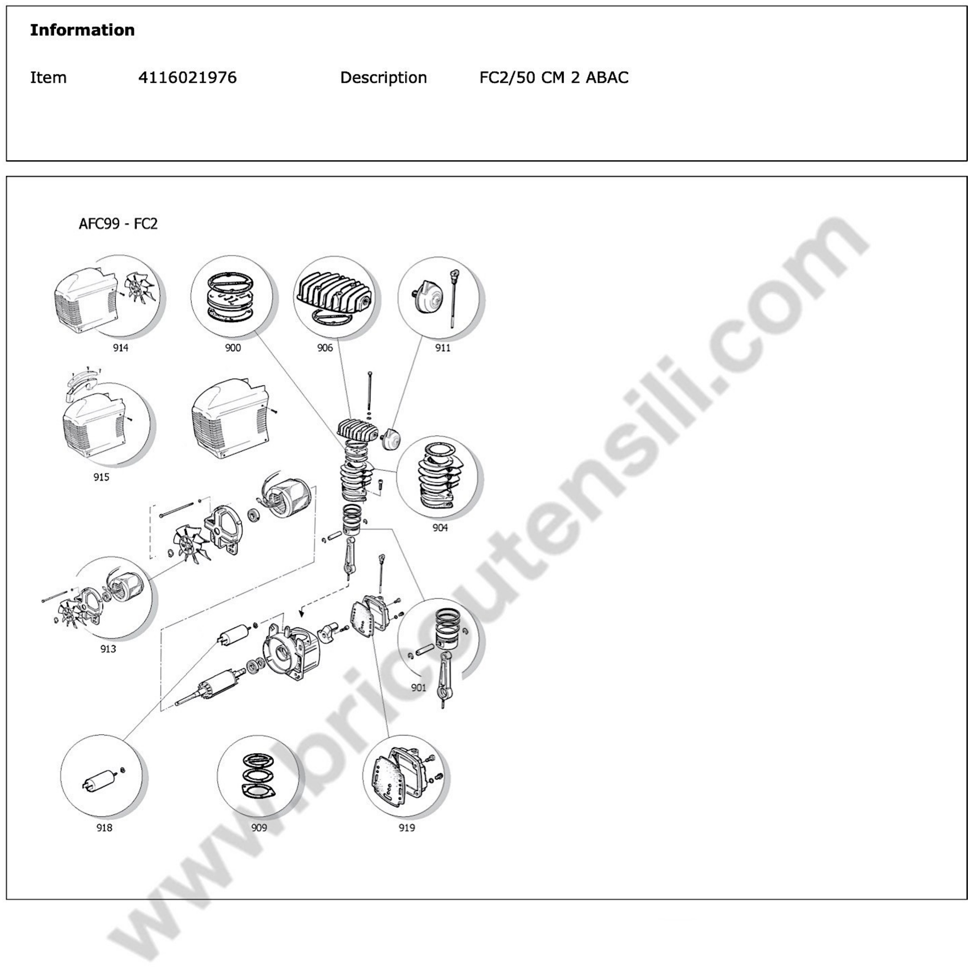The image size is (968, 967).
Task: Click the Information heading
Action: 82,30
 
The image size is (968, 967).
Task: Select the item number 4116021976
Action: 187,78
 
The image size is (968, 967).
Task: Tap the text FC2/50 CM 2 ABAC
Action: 554,78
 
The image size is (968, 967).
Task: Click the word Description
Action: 383,78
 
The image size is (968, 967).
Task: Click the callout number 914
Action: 120,348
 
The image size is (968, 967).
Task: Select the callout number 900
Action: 233,348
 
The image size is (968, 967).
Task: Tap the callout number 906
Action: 325,348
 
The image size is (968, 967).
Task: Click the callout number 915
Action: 101,477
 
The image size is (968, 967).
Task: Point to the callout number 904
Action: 440,528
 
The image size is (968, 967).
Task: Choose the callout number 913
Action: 108,649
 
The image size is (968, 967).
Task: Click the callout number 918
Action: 104,828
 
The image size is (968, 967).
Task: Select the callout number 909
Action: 259,828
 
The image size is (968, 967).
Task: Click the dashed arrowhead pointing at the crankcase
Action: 301,612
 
